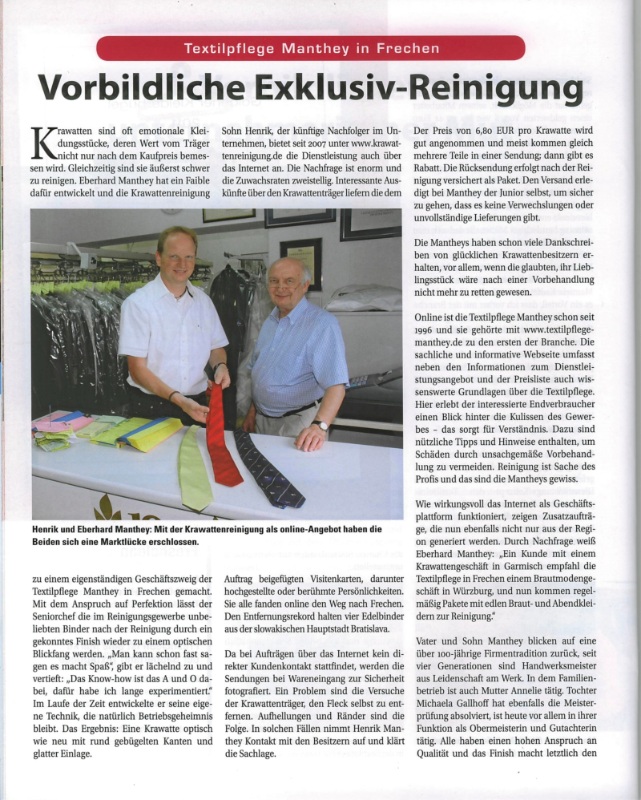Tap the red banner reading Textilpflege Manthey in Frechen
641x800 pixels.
311,48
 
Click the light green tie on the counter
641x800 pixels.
195,470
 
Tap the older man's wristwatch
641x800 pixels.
320,426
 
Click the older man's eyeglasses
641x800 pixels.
286,282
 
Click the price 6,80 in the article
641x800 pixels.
493,129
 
